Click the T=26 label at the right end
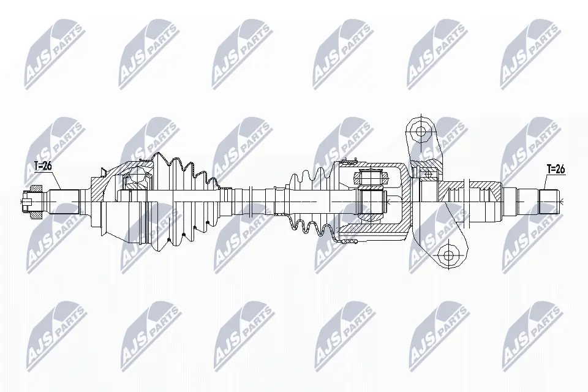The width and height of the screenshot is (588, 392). click(x=555, y=170)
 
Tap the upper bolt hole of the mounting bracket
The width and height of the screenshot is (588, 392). click(x=420, y=130)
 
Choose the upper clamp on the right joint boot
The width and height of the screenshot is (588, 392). click(x=347, y=162)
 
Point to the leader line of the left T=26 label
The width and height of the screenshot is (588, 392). click(x=55, y=181)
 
